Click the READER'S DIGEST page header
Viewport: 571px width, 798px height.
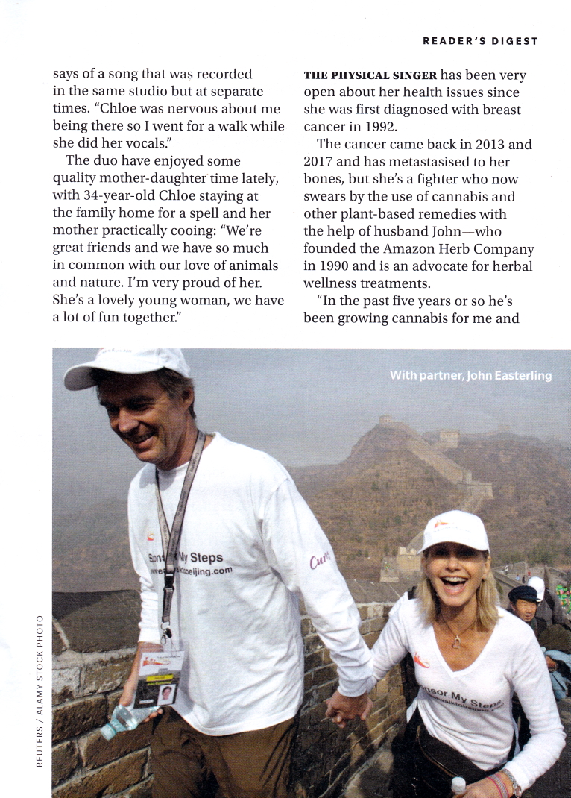pyautogui.click(x=480, y=41)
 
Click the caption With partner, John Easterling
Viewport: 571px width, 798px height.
pyautogui.click(x=470, y=375)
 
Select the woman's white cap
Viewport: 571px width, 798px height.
pyautogui.click(x=454, y=530)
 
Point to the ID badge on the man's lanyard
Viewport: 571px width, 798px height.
pyautogui.click(x=160, y=679)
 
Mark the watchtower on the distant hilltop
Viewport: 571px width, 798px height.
pyautogui.click(x=386, y=421)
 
